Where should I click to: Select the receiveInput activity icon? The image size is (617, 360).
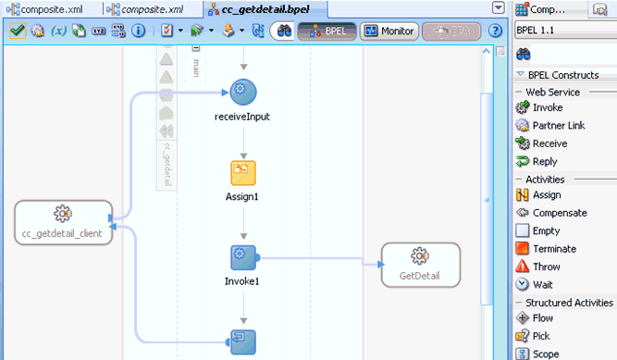[x=243, y=91]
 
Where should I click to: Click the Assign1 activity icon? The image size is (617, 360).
[x=243, y=173]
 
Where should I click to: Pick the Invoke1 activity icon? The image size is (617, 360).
[x=243, y=256]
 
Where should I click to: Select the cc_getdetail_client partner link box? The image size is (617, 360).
[x=63, y=221]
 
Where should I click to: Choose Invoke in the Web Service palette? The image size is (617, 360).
[x=547, y=108]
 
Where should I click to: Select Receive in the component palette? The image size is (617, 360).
[x=549, y=143]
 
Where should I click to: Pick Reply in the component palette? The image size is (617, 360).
[x=544, y=161]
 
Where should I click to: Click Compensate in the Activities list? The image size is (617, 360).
[x=560, y=213]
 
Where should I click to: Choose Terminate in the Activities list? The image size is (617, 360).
[x=553, y=248]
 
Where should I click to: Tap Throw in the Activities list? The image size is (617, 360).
[x=546, y=267]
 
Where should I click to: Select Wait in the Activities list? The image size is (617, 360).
[x=542, y=284]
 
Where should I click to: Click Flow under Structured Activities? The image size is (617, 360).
[x=542, y=318]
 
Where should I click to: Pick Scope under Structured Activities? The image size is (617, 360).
[x=546, y=354]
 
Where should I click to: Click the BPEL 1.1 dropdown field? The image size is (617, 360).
[x=560, y=30]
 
